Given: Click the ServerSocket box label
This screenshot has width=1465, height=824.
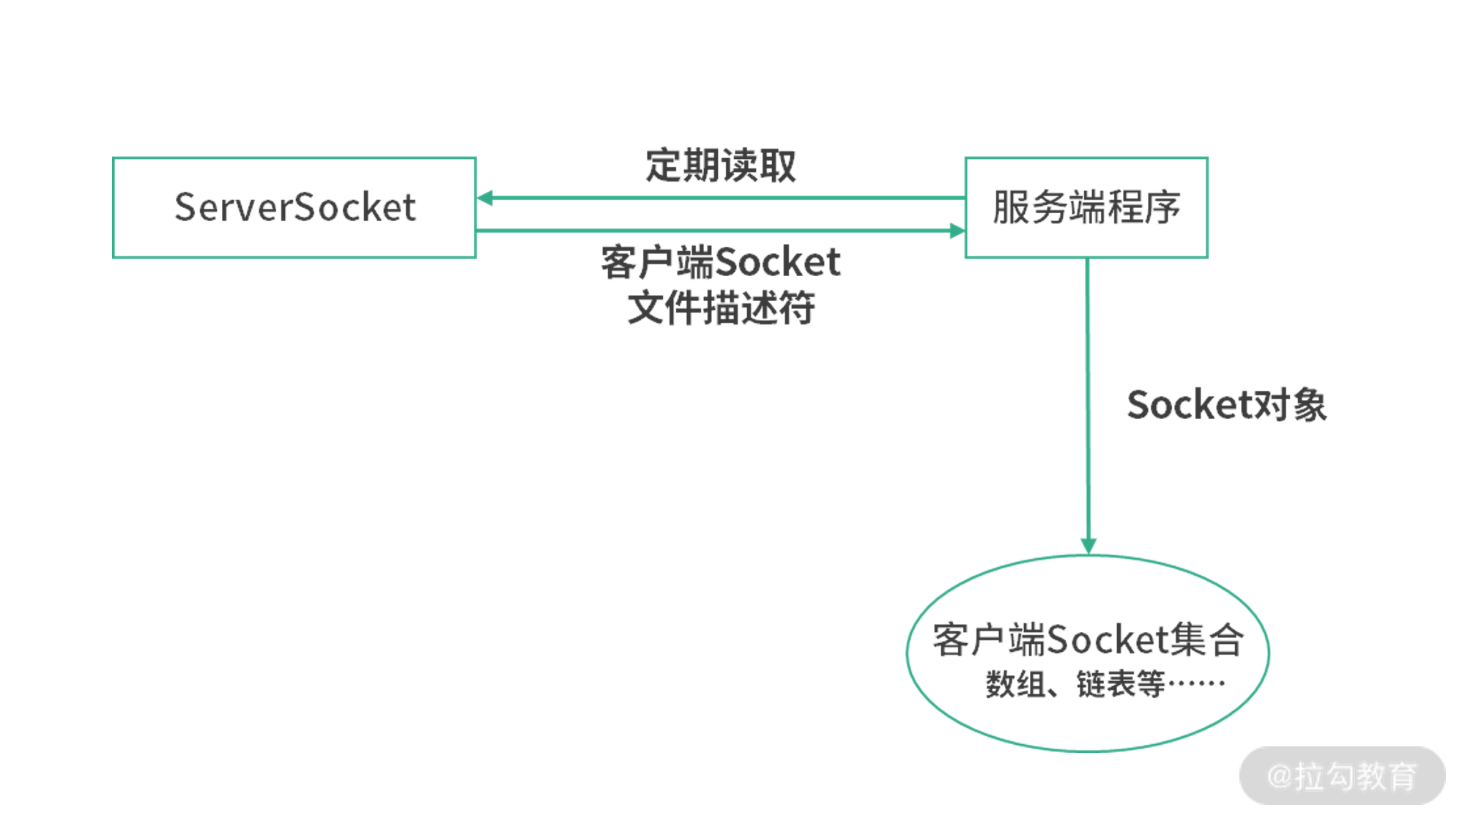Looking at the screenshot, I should (x=295, y=207).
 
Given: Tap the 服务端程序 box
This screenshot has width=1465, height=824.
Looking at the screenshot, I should (x=1086, y=207).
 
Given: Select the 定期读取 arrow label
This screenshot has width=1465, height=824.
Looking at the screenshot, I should (x=721, y=166).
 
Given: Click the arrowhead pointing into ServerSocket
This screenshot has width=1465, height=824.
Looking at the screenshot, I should (x=485, y=198).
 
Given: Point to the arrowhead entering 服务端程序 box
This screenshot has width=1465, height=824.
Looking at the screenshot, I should (x=957, y=231).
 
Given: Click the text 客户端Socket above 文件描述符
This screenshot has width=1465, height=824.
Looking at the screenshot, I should (x=721, y=262).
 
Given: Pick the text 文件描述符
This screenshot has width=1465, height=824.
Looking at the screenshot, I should (x=721, y=308).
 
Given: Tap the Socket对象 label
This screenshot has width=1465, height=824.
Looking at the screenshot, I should (x=1227, y=405).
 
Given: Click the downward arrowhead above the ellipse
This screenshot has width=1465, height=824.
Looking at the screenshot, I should (x=1088, y=546).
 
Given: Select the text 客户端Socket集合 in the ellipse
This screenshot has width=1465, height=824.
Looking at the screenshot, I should (x=1088, y=639).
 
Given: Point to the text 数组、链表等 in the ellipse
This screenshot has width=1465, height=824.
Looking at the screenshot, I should (x=1075, y=685).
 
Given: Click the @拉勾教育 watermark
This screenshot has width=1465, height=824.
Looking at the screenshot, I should (x=1342, y=776).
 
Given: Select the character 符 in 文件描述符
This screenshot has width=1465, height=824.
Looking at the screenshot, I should (x=797, y=308).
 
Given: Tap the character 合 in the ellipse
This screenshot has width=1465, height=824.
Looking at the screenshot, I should (x=1226, y=639).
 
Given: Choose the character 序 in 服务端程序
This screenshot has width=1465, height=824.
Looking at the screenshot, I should (x=1162, y=207).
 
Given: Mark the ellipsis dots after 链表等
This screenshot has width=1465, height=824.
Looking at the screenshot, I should (x=1196, y=685).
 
